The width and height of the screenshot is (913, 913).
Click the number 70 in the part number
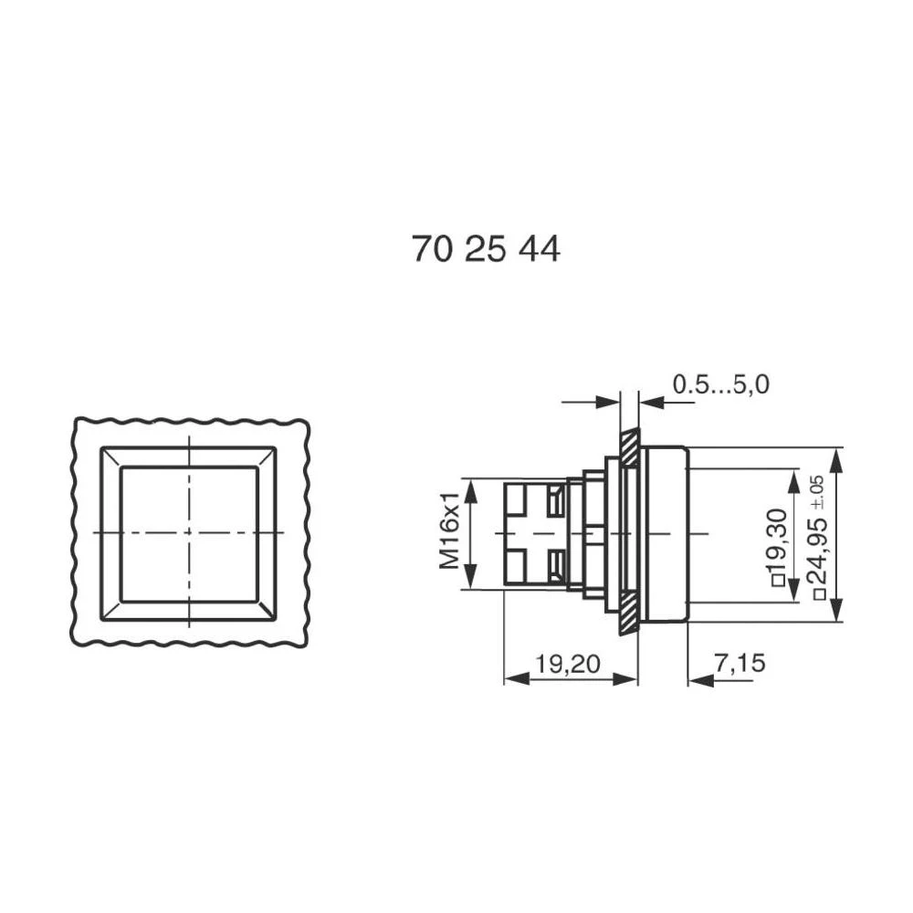pos(433,248)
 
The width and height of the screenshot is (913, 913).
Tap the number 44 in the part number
pos(539,248)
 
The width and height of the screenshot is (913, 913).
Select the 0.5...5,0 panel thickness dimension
pos(720,385)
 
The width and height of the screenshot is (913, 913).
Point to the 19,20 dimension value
pos(567,665)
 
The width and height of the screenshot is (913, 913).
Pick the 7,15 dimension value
pos(740,665)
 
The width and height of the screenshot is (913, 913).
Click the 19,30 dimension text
pos(776,538)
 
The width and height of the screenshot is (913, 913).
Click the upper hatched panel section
pos(629,447)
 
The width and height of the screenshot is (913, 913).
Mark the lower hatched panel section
pos(629,613)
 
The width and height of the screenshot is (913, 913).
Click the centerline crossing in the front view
pos(189,532)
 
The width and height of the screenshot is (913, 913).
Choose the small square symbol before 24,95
pos(819,594)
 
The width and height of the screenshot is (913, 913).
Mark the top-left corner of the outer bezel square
pos(102,448)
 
